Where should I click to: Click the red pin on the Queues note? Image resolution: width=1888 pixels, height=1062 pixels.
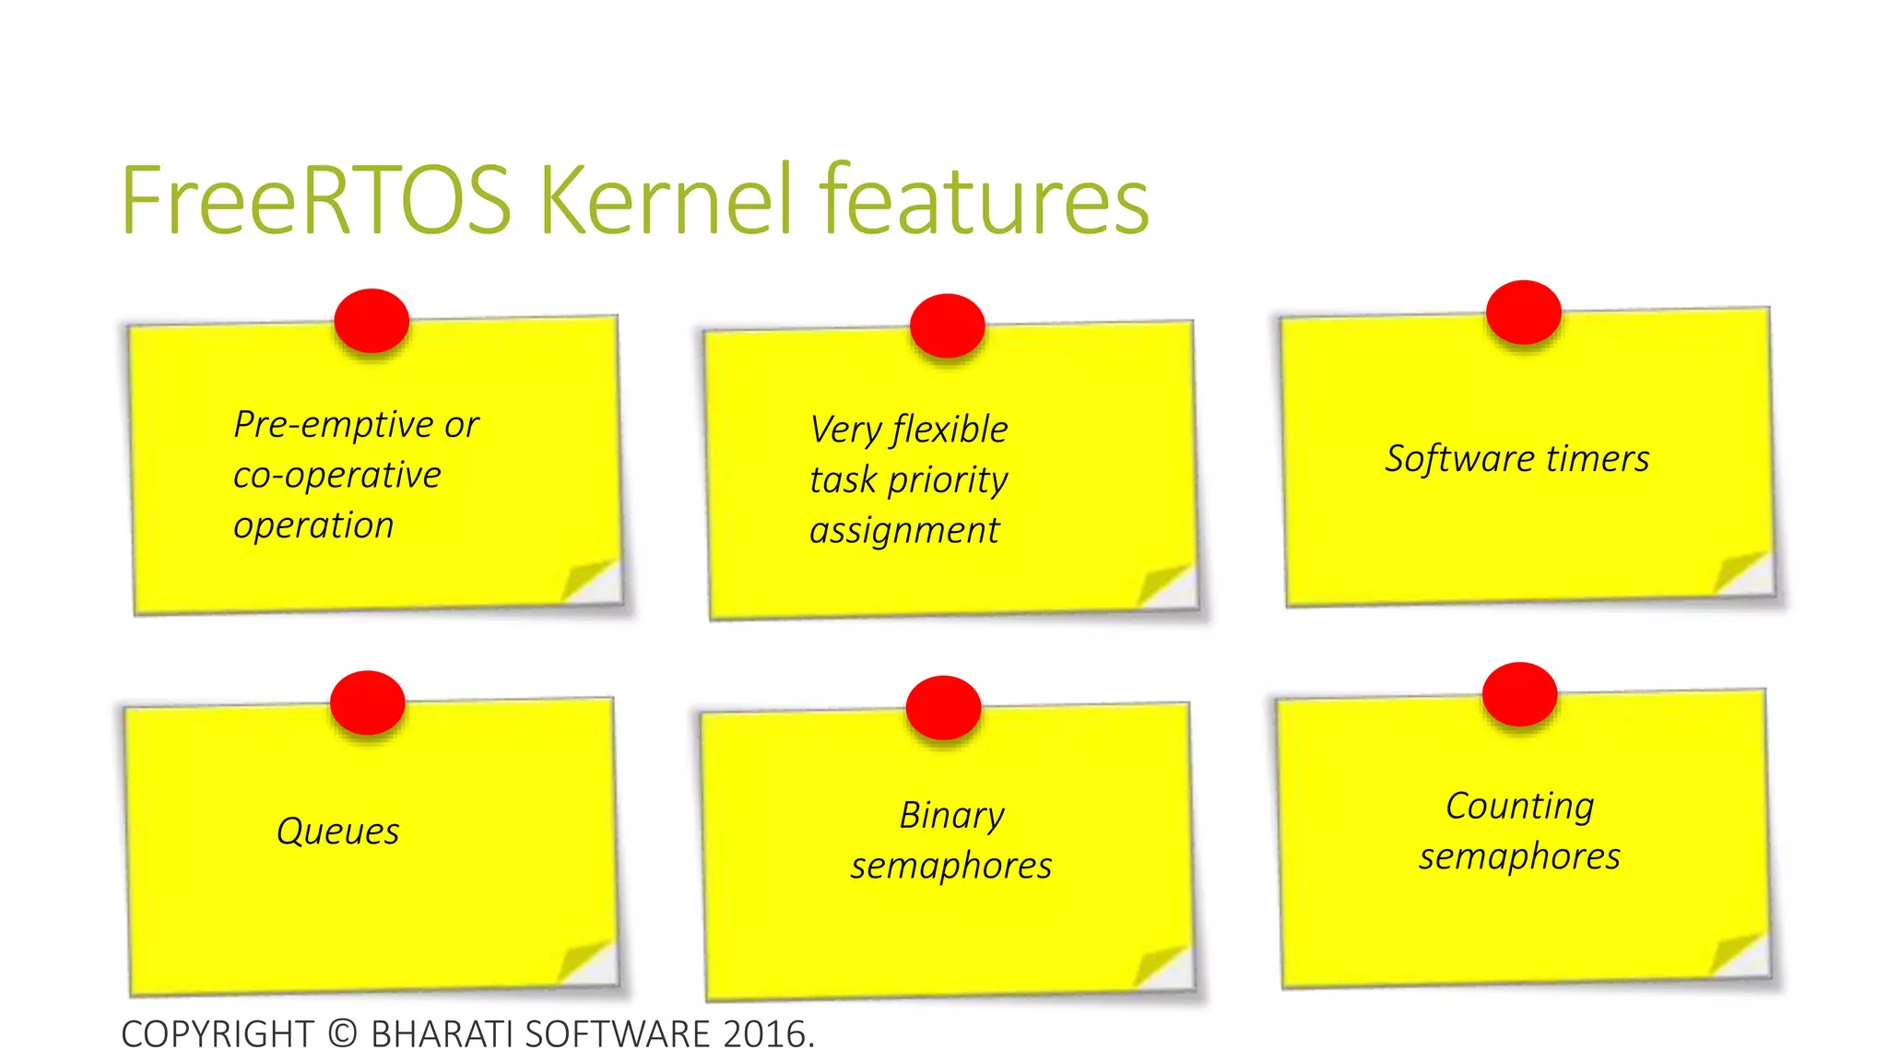point(368,702)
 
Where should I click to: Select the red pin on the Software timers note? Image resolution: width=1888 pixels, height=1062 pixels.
point(1523,313)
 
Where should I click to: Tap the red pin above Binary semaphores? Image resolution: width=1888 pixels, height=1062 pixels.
point(943,708)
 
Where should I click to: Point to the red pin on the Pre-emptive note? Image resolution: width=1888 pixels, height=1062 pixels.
point(372,321)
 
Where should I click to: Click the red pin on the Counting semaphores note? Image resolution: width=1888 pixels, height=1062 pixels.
point(1519,694)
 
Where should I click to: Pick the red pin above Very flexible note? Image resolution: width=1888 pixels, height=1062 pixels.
point(947,325)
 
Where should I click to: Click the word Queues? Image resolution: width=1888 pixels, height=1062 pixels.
point(338,832)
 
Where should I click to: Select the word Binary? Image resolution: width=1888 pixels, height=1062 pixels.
point(951,816)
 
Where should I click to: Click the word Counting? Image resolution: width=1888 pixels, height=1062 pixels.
point(1519,807)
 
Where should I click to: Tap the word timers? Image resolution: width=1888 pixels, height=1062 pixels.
point(1598,458)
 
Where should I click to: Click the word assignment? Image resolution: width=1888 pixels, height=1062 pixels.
point(903,531)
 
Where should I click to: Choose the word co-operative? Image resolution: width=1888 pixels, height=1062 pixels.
point(336,476)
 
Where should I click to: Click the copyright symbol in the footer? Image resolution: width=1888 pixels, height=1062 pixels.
point(342,1033)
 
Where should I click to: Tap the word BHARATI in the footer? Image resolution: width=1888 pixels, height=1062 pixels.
point(442,1033)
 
